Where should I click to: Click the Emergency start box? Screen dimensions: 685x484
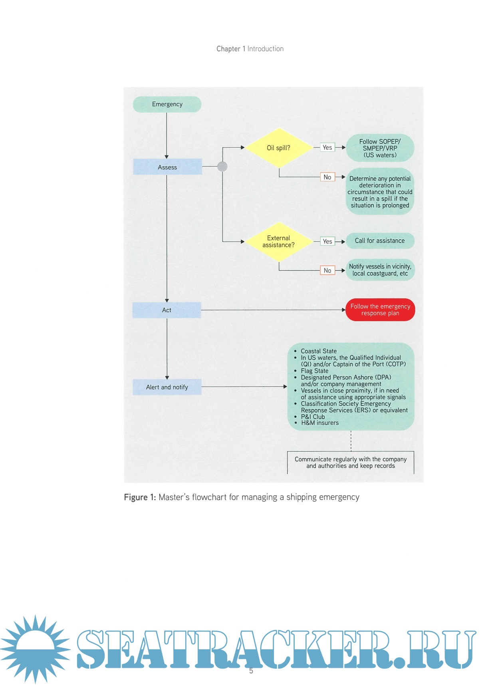[x=167, y=104]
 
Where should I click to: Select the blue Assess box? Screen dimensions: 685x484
[x=167, y=167]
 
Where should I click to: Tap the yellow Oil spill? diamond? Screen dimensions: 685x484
[x=278, y=148]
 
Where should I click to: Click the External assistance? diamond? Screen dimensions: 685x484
[x=278, y=241]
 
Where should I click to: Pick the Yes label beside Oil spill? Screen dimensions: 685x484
[x=327, y=147]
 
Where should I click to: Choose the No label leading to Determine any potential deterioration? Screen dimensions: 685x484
[x=327, y=177]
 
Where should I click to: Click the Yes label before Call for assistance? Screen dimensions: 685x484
[x=327, y=241]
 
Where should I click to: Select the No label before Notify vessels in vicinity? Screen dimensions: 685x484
[x=327, y=270]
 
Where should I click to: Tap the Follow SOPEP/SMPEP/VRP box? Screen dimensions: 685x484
[x=380, y=148]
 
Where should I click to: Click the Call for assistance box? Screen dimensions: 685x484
[x=380, y=241]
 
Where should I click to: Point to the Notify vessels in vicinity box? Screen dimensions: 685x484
[x=380, y=270]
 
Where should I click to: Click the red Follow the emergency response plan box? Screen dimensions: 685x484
[x=380, y=310]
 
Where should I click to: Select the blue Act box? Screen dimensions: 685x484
[x=167, y=310]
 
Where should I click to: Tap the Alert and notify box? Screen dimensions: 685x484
[x=167, y=387]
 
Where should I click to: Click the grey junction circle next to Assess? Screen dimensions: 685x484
[x=222, y=167]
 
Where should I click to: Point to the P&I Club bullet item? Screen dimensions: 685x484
[x=313, y=417]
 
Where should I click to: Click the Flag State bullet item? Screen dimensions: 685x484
[x=315, y=371]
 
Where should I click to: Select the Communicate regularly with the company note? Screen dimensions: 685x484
[x=351, y=463]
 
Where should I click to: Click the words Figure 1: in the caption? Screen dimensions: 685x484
[x=140, y=497]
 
